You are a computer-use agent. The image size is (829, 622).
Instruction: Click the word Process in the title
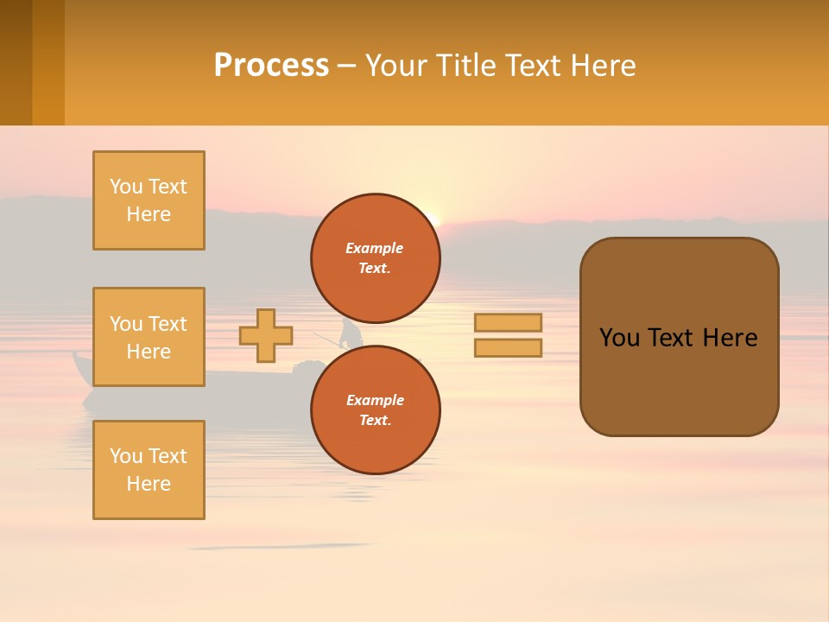[271, 66]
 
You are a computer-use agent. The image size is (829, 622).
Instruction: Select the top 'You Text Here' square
[149, 200]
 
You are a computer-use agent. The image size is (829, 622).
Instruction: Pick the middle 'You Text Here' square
[149, 337]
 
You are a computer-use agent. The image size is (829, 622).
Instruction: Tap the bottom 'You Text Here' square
[149, 470]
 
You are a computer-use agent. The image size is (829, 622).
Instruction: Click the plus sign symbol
[266, 335]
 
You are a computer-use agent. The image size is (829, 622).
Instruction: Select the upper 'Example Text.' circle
[375, 258]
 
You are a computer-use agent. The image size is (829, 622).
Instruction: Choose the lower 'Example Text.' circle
[375, 410]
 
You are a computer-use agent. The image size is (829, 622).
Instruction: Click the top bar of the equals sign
[509, 323]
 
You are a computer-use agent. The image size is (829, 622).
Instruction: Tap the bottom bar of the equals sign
[509, 347]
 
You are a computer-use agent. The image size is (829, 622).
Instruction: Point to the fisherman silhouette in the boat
[351, 333]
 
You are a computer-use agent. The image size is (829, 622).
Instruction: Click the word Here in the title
[598, 66]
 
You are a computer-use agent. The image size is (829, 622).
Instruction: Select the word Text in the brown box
[674, 338]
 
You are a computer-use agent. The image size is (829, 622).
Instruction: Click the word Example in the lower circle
[375, 400]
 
